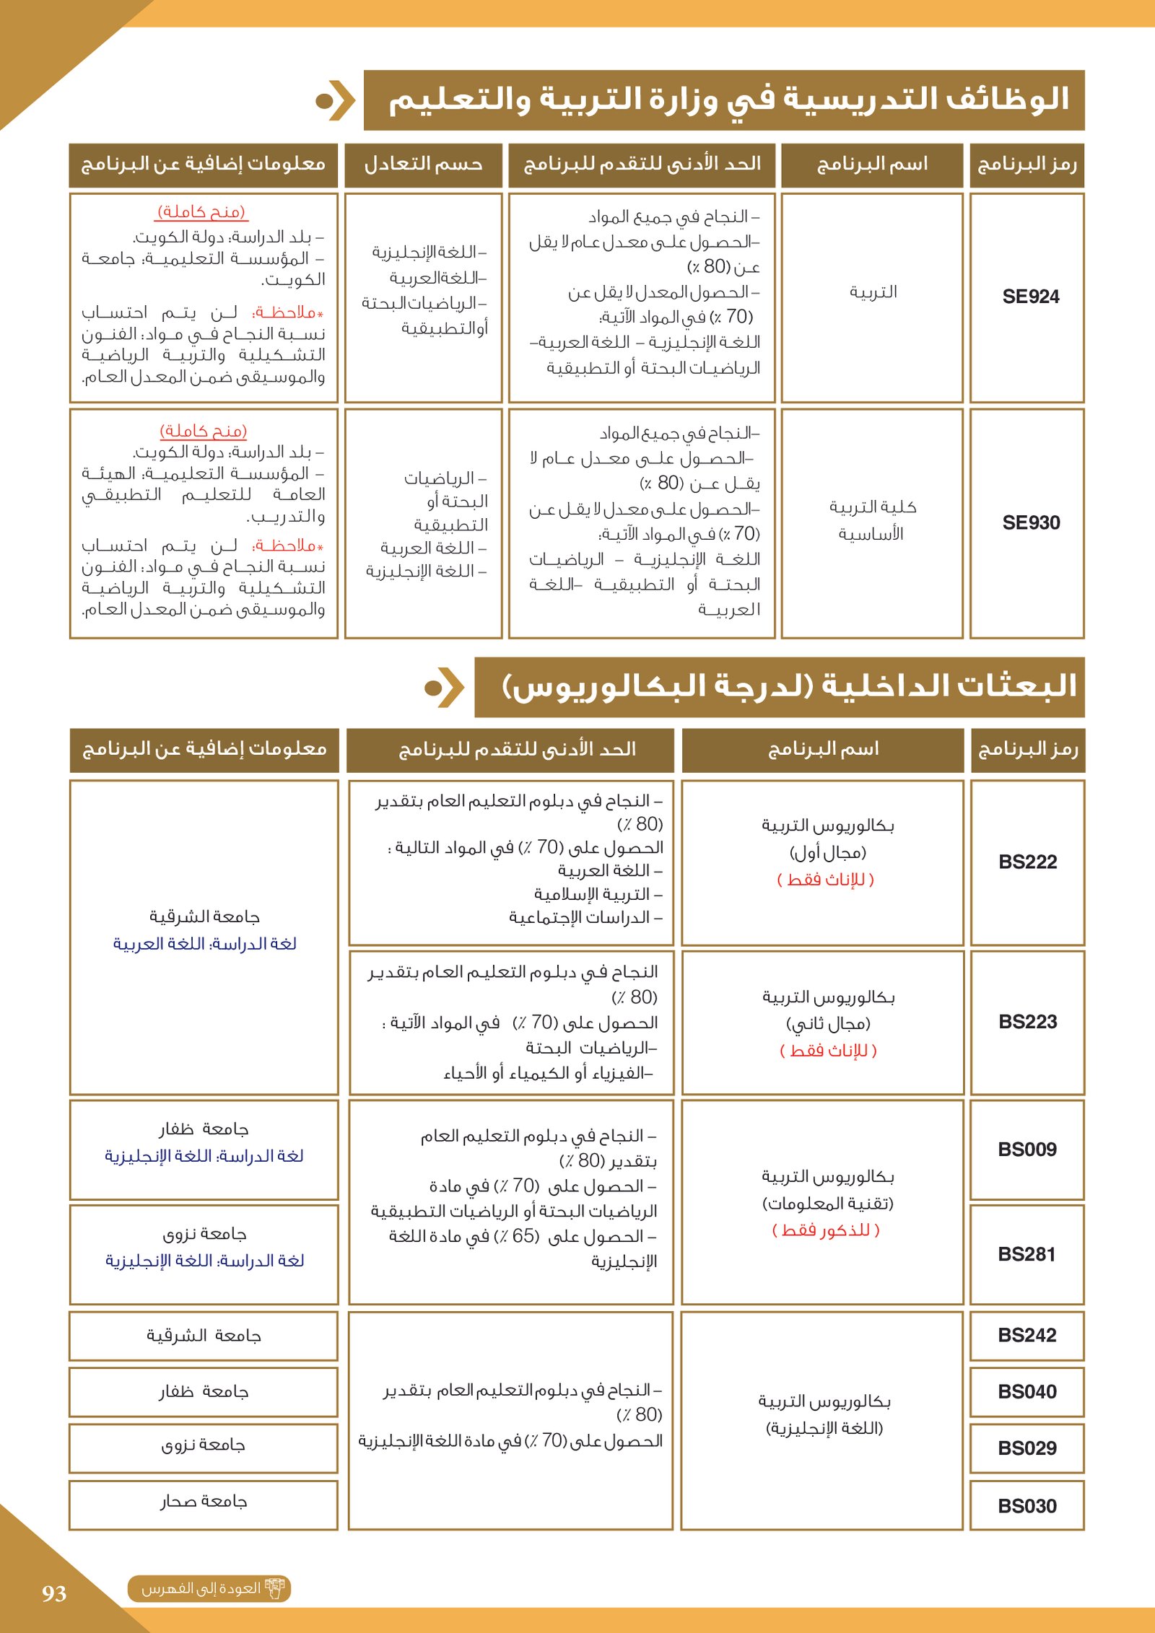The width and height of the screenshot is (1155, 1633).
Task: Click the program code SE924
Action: (1030, 297)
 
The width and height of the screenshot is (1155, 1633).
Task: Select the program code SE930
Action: (1030, 522)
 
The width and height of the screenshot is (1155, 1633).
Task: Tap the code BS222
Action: (1027, 862)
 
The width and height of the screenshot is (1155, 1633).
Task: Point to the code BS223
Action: (1027, 1022)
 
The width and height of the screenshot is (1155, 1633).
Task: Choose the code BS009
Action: (1027, 1150)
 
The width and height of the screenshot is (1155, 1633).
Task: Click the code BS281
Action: (1027, 1254)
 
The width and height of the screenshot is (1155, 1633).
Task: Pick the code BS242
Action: (1027, 1335)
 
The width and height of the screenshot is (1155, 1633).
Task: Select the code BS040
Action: (1027, 1391)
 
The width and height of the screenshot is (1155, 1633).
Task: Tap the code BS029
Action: (1027, 1448)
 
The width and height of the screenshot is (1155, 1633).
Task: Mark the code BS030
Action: (1027, 1506)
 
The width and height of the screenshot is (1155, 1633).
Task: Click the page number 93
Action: (54, 1593)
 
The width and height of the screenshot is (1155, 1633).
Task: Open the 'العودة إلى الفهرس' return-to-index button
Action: (209, 1589)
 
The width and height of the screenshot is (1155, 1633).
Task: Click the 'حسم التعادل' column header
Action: (423, 165)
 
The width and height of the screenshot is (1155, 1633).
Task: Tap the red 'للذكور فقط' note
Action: (826, 1230)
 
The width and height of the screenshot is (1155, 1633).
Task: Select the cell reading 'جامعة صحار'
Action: (204, 1502)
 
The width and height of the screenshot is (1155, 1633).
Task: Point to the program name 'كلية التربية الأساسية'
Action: (872, 520)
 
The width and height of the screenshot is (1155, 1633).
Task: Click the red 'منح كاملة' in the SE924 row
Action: (202, 211)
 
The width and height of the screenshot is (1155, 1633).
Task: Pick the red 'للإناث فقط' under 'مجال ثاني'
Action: (828, 1051)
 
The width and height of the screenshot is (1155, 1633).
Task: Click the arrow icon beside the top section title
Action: (335, 100)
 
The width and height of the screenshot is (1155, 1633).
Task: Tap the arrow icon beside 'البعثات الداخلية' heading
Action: (444, 688)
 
